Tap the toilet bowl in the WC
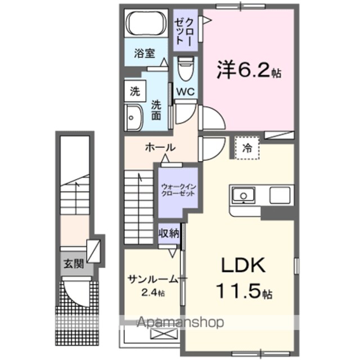186,69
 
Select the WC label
186,92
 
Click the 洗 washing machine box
135,91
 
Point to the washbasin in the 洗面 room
134,118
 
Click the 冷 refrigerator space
247,148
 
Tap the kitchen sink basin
243,195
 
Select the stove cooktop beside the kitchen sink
280,195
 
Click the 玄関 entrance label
74,264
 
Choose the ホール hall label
160,147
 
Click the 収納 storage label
169,233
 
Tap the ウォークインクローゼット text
178,190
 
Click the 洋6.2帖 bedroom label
249,69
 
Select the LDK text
243,265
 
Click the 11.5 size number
238,291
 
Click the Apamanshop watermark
180,322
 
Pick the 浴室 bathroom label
145,53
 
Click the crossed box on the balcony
164,334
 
